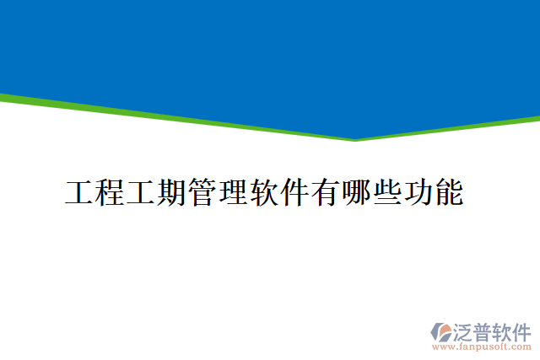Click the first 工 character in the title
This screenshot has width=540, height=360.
(x=80, y=193)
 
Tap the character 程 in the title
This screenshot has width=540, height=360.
(x=111, y=193)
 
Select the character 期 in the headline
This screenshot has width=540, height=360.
(x=172, y=193)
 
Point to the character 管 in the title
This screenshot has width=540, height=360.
(x=202, y=193)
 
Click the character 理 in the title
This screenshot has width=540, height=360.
(x=234, y=193)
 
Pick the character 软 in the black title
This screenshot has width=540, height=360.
(x=264, y=193)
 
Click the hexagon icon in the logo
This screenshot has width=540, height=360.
(x=441, y=331)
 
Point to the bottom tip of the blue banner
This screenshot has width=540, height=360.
(x=355, y=139)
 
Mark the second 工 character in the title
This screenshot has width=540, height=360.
(x=142, y=193)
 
